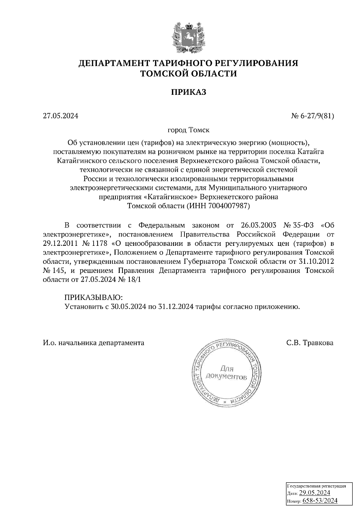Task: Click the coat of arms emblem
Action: (x=188, y=37)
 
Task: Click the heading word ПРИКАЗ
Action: (x=189, y=92)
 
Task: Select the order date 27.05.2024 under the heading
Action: (x=60, y=116)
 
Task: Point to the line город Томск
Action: (x=188, y=130)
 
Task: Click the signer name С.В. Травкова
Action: (x=310, y=343)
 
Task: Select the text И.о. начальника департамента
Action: (x=93, y=343)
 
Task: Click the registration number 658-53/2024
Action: (x=320, y=500)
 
